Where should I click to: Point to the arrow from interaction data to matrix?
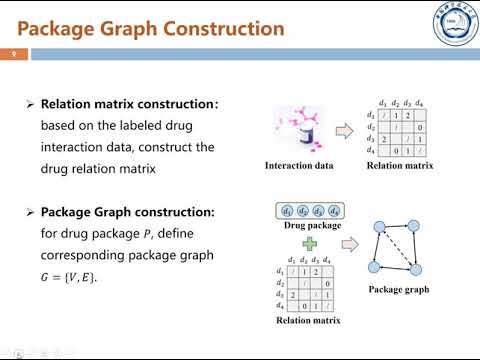(x=345, y=131)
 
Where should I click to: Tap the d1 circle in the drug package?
(x=287, y=211)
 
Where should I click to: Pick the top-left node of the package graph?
(x=380, y=227)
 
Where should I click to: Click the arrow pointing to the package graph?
(x=350, y=244)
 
